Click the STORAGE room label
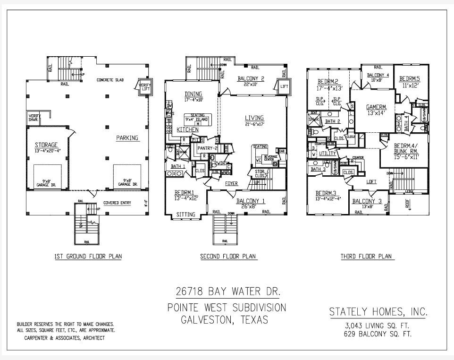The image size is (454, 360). coord(47,145)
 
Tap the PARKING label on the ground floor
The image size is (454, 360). coord(127,138)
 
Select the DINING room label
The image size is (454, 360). coord(193,94)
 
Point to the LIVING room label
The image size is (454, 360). coord(254,118)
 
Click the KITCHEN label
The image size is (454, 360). coord(187,129)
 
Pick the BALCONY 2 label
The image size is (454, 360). coord(251,78)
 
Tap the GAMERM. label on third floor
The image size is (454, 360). coord(377,107)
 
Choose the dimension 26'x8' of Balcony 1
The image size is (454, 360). coord(251,206)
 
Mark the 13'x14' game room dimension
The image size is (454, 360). coord(377,113)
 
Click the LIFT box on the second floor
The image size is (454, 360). coord(284,86)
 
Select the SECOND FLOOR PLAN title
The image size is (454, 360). coord(228,257)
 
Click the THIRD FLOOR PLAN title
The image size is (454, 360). coord(366,257)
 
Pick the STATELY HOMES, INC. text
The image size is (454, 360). coord(378,312)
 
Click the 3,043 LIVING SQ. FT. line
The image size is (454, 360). coord(378,326)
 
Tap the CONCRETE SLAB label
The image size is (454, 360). coord(110,80)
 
